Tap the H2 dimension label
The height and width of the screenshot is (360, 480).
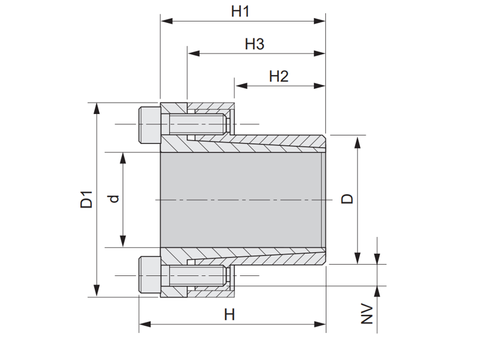(x=279, y=76)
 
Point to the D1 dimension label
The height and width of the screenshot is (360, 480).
(x=87, y=199)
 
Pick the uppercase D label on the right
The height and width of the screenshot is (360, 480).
(x=347, y=199)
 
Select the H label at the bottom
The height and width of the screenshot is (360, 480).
(x=230, y=314)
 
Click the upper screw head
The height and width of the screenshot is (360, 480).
(x=149, y=125)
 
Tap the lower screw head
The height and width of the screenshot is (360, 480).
(x=149, y=274)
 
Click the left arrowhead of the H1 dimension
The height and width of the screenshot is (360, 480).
(x=165, y=21)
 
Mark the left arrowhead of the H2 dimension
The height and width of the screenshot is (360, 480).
(x=239, y=86)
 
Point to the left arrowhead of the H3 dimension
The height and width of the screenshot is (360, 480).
(x=192, y=53)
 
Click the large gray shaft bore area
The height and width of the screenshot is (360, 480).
(x=243, y=199)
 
